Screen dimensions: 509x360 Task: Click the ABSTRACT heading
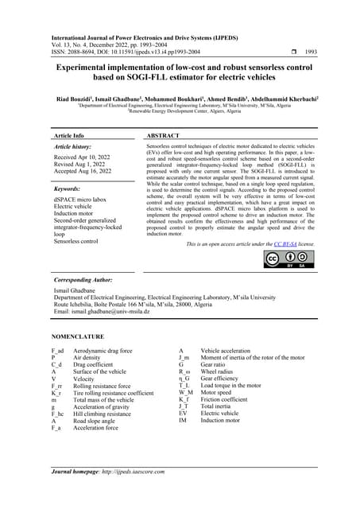pyautogui.click(x=168, y=136)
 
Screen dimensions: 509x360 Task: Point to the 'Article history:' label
pyautogui.click(x=79, y=148)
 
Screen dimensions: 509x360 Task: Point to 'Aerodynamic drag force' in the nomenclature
pyautogui.click(x=103, y=351)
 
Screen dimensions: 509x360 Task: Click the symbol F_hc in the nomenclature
pyautogui.click(x=57, y=414)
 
